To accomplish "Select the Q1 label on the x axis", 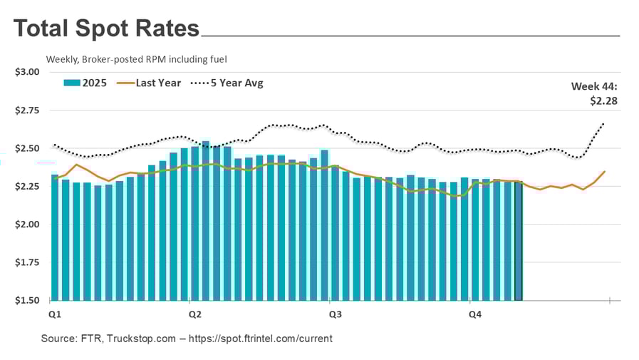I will [54, 314].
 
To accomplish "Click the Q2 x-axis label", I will [194, 314].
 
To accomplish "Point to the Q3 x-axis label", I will [333, 314].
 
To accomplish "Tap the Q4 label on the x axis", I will [474, 314].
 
